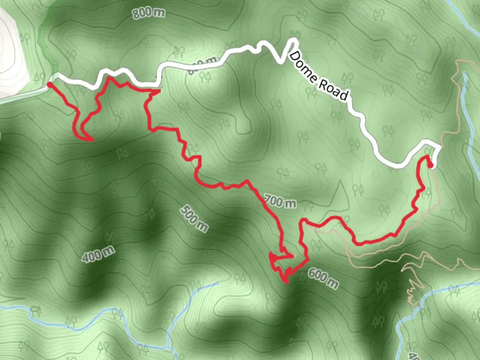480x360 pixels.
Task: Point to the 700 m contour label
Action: (280, 201)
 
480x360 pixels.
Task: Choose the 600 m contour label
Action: (323, 278)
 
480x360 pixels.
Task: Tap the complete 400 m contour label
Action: (98, 254)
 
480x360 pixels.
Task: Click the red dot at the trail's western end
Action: (49, 85)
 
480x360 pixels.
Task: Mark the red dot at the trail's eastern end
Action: (430, 165)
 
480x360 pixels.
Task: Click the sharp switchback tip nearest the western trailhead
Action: (92, 140)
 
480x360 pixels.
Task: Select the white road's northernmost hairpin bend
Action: (293, 40)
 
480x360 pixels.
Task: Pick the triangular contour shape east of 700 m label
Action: (341, 197)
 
